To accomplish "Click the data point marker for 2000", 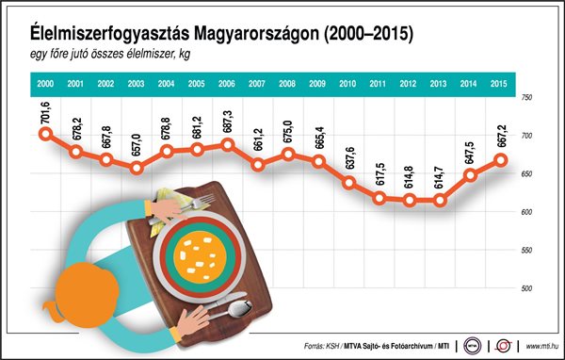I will [x=45, y=134].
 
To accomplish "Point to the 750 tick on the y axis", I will [x=527, y=98].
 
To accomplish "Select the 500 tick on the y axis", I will [x=527, y=287].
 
